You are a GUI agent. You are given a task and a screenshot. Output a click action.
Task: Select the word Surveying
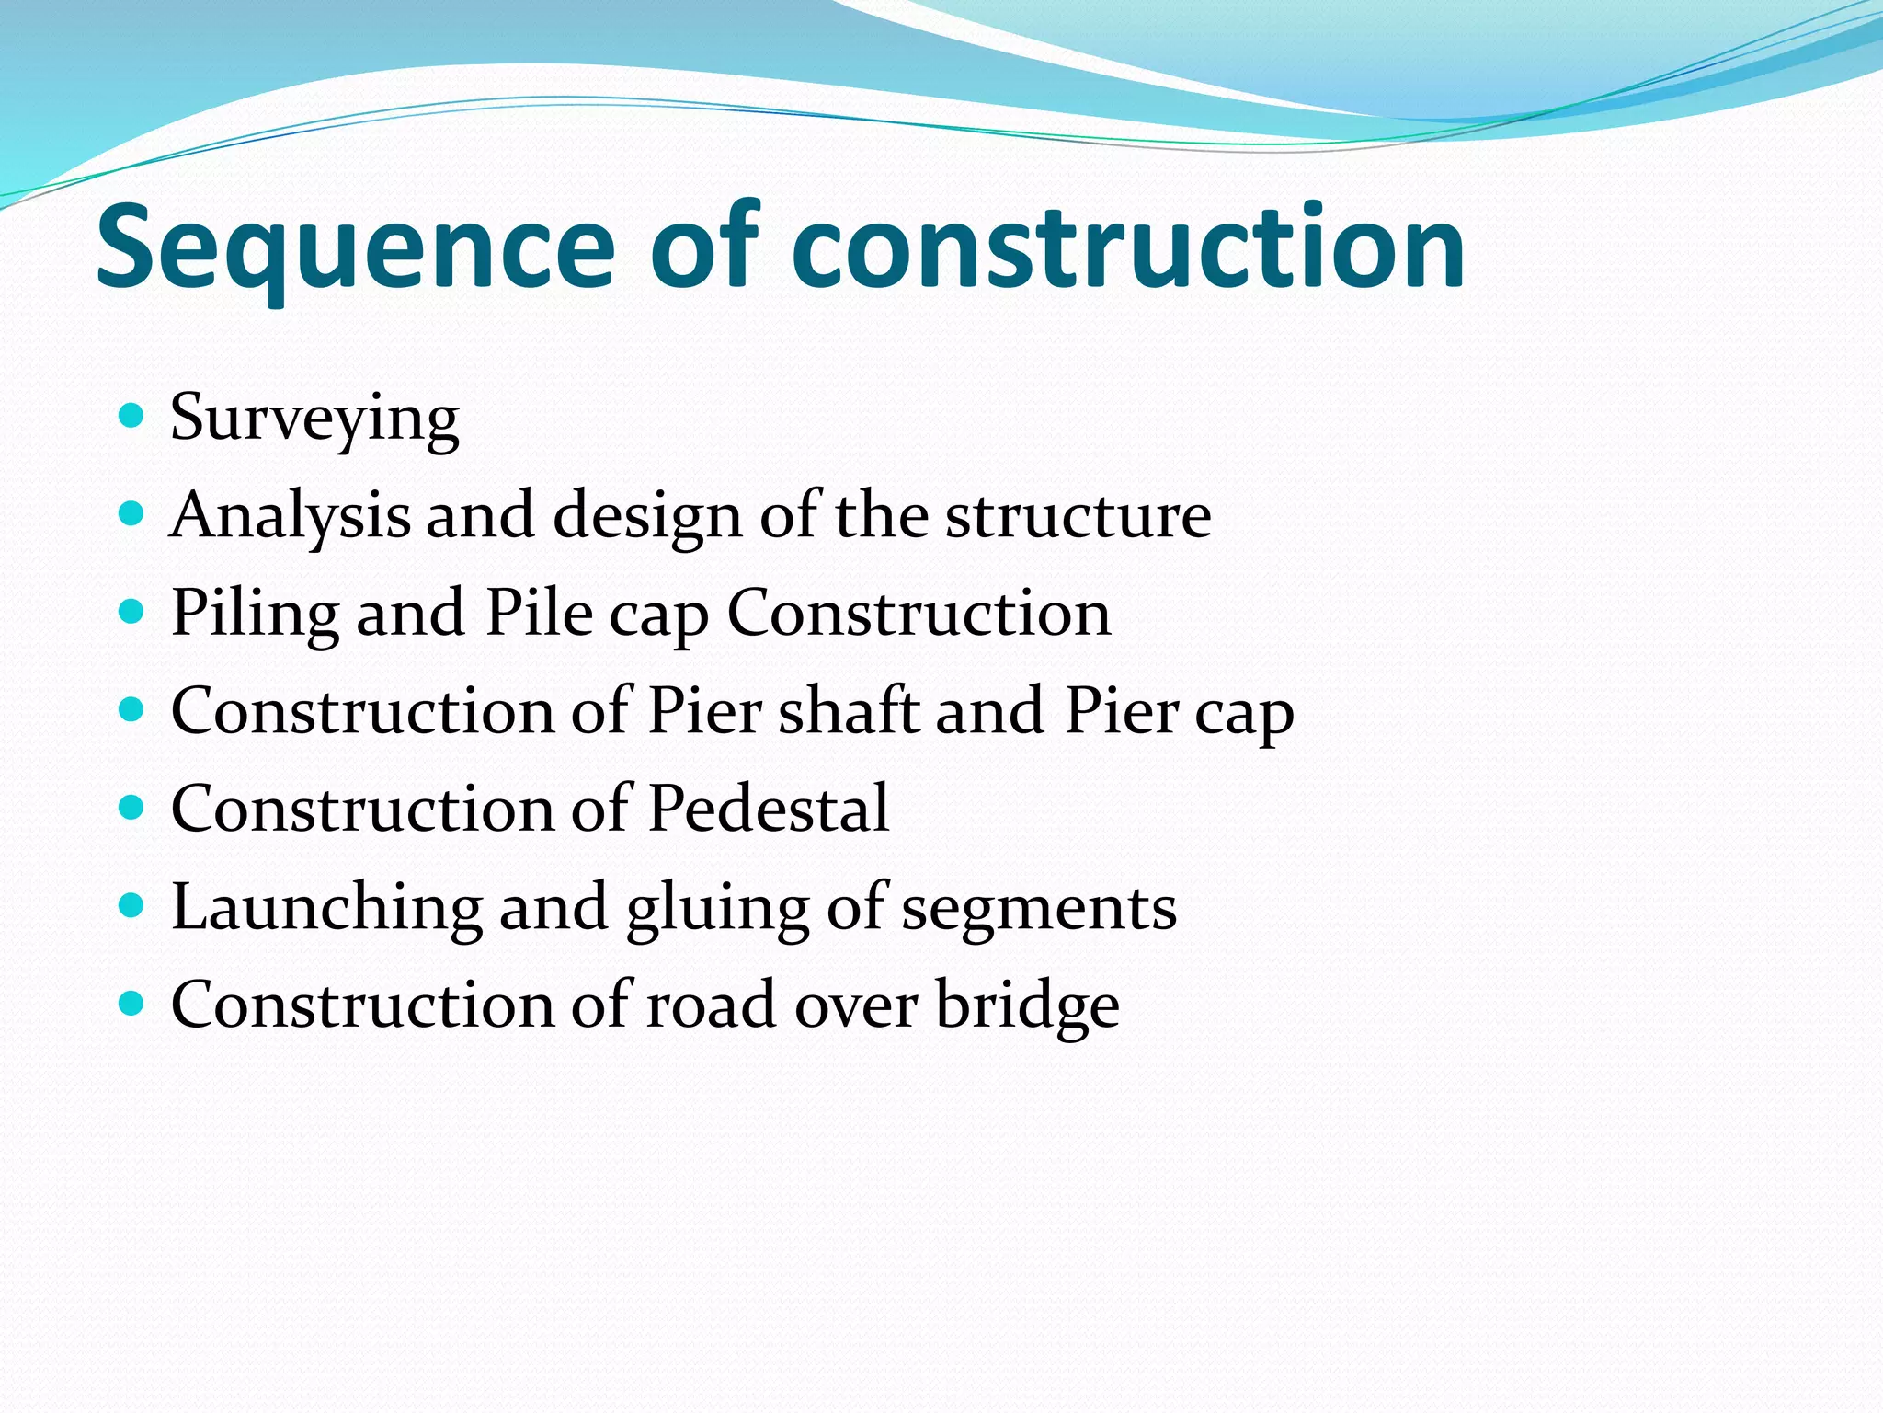click(314, 418)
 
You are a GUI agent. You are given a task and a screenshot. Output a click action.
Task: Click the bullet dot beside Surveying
click(132, 416)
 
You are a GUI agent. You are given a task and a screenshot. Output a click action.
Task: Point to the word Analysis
click(291, 515)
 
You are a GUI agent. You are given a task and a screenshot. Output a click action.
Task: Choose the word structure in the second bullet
click(1078, 515)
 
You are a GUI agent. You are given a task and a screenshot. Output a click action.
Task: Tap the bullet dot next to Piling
click(132, 612)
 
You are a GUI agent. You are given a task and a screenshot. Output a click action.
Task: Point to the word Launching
click(326, 908)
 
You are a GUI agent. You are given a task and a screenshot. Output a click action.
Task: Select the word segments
click(1038, 908)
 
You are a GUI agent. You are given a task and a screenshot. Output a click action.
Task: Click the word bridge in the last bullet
click(1027, 1005)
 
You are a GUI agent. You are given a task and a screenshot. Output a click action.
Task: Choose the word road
click(711, 1005)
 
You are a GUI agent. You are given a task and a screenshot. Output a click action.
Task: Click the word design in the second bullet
click(647, 515)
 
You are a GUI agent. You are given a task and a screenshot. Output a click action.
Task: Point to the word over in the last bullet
click(855, 1005)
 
